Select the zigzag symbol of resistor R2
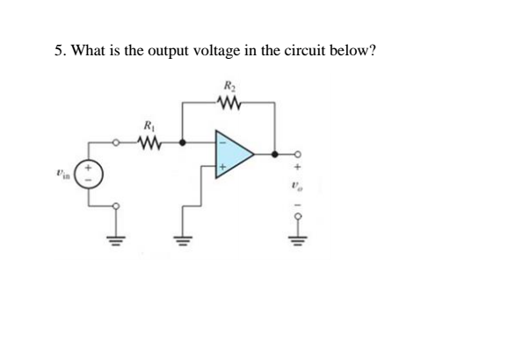(229, 103)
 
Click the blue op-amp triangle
(231, 156)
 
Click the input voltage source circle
(92, 172)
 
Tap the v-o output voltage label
(298, 185)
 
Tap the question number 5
(58, 50)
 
